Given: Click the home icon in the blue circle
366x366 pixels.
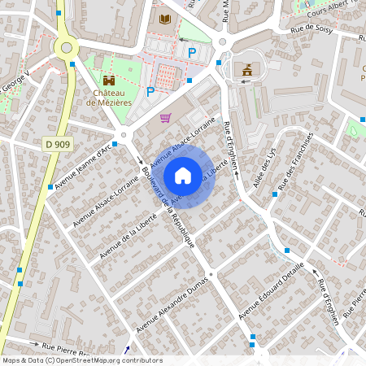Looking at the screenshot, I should (183, 175).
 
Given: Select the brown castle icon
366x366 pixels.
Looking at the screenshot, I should (109, 81).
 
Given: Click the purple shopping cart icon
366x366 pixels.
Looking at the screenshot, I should (166, 117).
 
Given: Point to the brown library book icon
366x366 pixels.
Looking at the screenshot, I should (166, 18).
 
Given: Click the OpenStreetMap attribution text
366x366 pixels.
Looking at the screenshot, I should (82, 359).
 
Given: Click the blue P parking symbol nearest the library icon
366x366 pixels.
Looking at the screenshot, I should (192, 53).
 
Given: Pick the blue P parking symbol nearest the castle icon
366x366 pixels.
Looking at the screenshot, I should (150, 91).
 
